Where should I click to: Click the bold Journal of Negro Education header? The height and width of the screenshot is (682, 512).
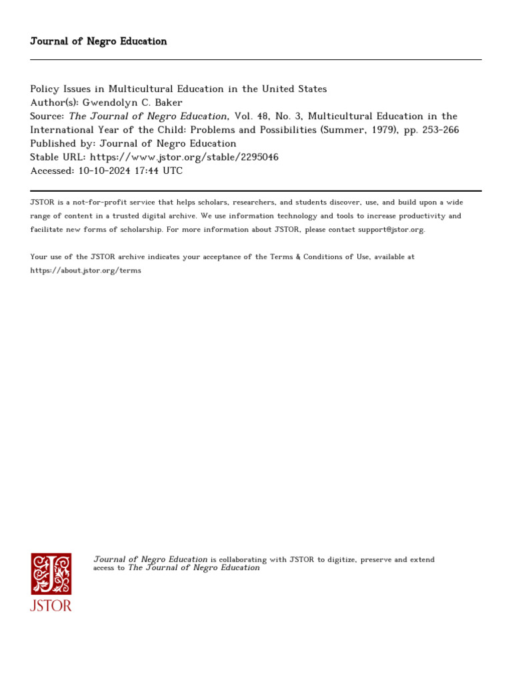point(99,41)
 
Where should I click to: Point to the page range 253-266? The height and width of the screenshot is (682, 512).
point(437,130)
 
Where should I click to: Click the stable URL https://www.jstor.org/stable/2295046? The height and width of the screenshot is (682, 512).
point(184,157)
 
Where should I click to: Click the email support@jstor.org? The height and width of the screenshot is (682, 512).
point(383,230)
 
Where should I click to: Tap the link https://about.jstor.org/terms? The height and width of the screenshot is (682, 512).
point(86,271)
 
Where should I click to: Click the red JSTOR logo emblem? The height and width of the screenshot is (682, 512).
point(51,574)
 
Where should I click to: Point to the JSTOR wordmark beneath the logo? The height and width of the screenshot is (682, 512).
point(51,605)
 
